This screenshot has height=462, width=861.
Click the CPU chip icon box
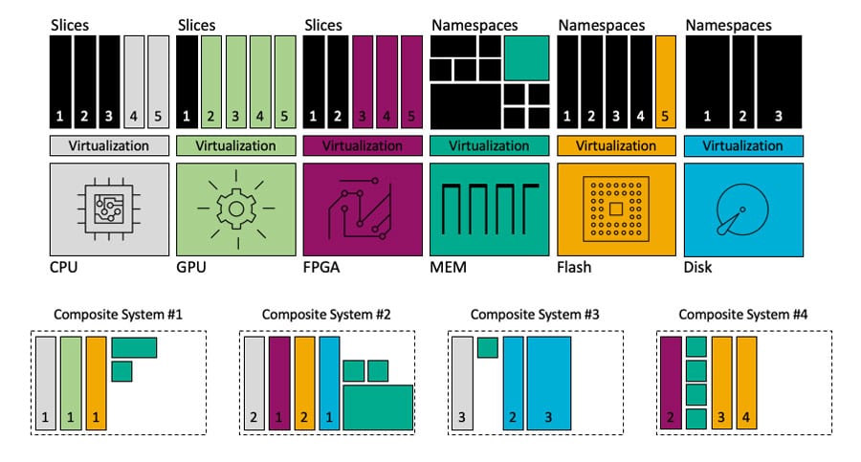pos(109,208)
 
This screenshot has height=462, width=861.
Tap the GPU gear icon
pos(235,208)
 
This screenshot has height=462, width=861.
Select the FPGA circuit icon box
pos(362,208)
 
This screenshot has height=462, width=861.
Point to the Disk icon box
pos(741,208)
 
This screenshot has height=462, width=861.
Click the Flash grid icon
pos(615,208)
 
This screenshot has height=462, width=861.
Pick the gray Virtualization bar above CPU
pos(109,146)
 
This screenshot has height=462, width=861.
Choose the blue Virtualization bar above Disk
pos(741,146)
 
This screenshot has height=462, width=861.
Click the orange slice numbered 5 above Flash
pos(666,82)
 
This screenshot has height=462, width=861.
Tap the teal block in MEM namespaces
pos(526,57)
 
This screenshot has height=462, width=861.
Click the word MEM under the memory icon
pos(449,267)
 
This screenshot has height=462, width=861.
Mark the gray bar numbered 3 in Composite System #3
pos(462,382)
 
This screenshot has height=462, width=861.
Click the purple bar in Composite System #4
pos(671,382)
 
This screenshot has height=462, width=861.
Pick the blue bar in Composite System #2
pos(329,382)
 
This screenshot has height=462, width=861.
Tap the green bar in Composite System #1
pos(71,382)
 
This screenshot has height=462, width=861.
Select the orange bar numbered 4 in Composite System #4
pos(746,382)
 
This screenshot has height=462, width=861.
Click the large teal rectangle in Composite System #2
pos(378,407)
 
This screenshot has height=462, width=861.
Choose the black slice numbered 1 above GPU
pos(187,82)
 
